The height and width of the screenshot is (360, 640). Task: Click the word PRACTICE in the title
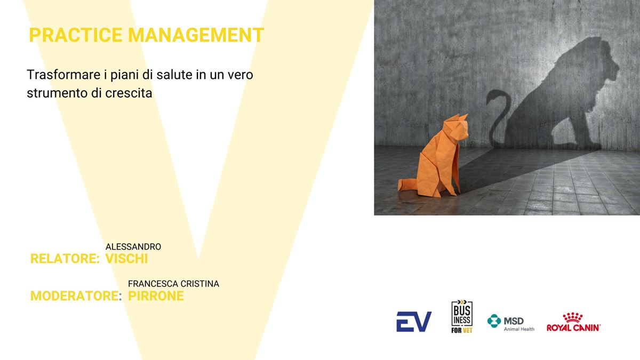(x=76, y=35)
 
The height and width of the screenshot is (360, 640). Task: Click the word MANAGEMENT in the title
(x=196, y=35)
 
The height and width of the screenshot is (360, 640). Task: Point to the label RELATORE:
(x=65, y=259)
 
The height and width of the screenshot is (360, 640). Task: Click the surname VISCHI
(x=126, y=259)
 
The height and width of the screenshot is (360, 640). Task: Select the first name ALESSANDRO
(x=133, y=246)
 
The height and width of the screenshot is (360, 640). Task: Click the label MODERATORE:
(x=76, y=295)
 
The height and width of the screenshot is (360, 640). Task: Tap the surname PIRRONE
(x=156, y=295)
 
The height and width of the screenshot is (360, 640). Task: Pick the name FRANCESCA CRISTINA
(x=173, y=284)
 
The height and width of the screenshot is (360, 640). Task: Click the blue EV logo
(x=414, y=322)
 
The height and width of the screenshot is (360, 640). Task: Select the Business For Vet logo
(x=462, y=317)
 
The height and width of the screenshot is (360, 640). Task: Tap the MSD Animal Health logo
(x=511, y=323)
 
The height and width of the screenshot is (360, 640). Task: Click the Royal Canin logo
(x=574, y=322)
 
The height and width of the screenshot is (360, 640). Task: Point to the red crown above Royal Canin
(x=573, y=317)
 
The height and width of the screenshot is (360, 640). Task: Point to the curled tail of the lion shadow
(x=497, y=114)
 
